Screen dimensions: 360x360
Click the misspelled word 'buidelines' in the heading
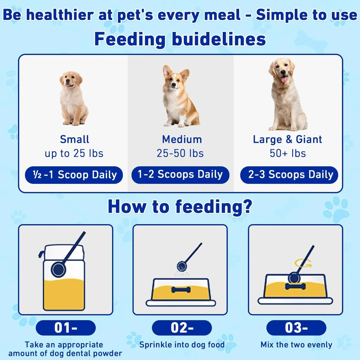point(219,39)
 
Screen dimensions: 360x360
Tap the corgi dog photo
point(179,96)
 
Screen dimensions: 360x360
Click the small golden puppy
point(73,98)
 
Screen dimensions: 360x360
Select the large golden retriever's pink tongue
point(284,79)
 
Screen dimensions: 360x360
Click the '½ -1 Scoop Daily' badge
point(74,175)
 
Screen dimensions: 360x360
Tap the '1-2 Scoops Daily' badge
point(180,174)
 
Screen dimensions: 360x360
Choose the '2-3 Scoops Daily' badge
point(289,175)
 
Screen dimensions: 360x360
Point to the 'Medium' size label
point(182,139)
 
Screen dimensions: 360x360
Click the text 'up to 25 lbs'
point(74,153)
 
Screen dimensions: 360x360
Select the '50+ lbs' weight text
point(288,153)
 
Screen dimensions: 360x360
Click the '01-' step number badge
point(66,328)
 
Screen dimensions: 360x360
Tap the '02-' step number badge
point(182,328)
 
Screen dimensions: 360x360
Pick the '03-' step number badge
point(296,328)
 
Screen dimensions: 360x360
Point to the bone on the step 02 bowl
point(181,289)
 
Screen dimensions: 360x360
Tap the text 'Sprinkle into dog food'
point(182,345)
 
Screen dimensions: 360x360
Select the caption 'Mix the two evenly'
point(296,345)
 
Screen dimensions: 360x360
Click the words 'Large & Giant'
point(287,139)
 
